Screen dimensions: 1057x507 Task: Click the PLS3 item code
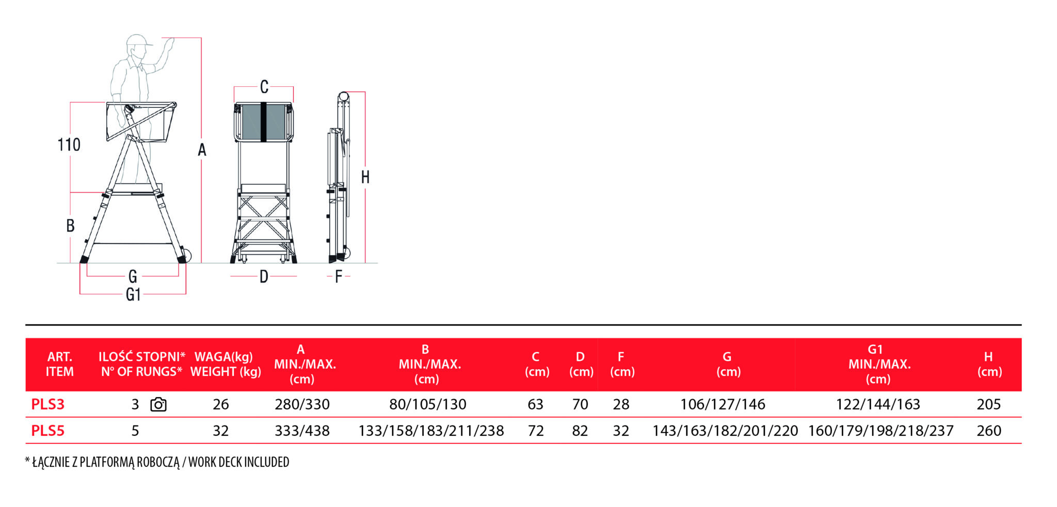[47, 404]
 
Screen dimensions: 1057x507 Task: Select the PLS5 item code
[47, 431]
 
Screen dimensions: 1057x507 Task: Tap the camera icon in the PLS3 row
[158, 404]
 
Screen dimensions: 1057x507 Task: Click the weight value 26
[221, 404]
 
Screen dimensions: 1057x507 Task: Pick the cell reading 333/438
[302, 431]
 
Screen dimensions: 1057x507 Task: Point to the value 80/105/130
[428, 404]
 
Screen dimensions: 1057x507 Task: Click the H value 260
[989, 431]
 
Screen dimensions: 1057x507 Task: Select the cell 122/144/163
[878, 404]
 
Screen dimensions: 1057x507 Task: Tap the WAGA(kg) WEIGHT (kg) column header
[226, 364]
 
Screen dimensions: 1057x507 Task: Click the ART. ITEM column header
[60, 364]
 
